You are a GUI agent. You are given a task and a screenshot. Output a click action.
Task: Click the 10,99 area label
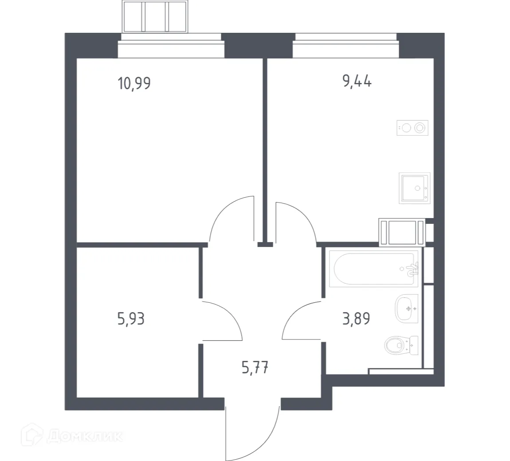(134, 83)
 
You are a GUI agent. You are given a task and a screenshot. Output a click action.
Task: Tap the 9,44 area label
(357, 82)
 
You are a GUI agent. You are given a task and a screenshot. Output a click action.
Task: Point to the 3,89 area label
(356, 318)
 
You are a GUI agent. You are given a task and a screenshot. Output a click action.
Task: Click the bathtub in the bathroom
(374, 269)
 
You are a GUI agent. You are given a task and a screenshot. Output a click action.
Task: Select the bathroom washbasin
(406, 308)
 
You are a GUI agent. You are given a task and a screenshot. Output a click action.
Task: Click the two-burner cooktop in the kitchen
(412, 128)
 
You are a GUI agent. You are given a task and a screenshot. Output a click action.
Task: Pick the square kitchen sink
(414, 188)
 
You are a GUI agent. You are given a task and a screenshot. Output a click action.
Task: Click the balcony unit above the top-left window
(155, 17)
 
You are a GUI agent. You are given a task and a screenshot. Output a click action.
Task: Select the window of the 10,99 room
(171, 48)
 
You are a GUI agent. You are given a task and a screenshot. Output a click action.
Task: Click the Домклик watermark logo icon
(35, 437)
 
